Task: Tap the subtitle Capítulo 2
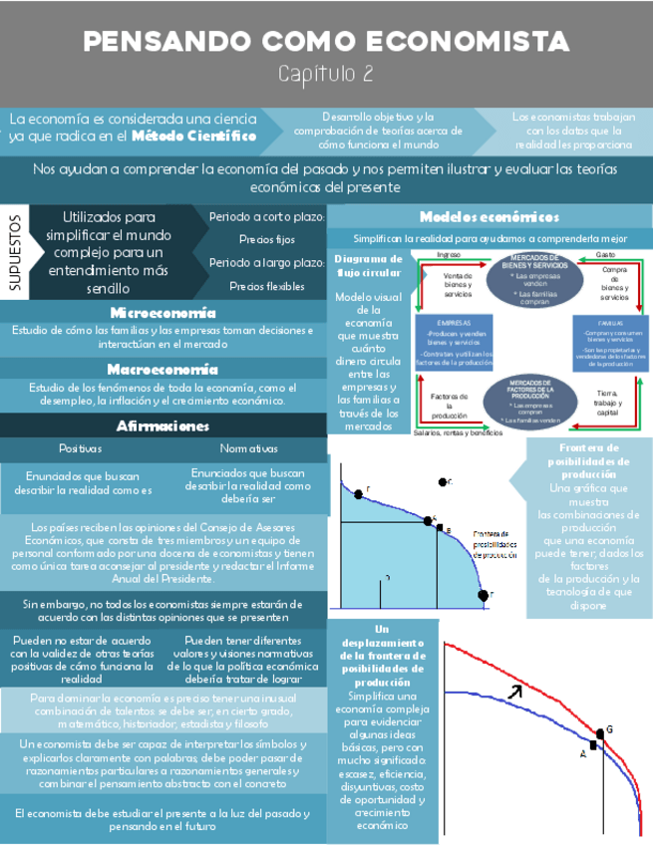(325, 73)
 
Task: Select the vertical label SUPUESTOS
(15, 252)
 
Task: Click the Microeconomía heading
(162, 313)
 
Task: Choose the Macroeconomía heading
(162, 369)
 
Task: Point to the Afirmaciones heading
(162, 425)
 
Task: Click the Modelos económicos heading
(489, 217)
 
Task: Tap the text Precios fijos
(267, 239)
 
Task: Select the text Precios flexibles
(267, 287)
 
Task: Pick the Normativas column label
(248, 448)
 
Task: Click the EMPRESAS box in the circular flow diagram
(454, 343)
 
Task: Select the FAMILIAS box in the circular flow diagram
(610, 343)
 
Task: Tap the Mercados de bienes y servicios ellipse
(532, 279)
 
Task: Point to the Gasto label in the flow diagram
(604, 256)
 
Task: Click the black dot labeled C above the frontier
(442, 482)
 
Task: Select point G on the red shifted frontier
(598, 734)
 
